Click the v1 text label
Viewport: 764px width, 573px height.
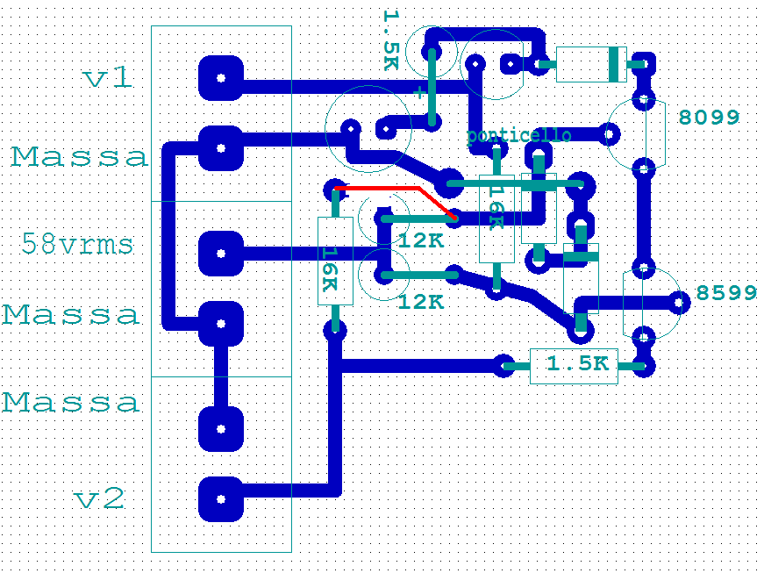[x=108, y=78]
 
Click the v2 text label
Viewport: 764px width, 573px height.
[x=99, y=499]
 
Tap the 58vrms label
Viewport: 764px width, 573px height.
[x=77, y=244]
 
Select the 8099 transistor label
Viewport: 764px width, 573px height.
[x=710, y=117]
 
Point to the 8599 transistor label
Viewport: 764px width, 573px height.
[x=726, y=292]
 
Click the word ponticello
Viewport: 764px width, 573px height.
[x=518, y=135]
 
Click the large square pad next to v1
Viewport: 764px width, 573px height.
[x=220, y=78]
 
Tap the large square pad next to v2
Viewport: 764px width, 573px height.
[x=220, y=499]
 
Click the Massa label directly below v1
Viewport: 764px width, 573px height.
[x=80, y=157]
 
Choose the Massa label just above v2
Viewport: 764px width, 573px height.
[x=70, y=402]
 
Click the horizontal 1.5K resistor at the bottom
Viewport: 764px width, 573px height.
[x=574, y=365]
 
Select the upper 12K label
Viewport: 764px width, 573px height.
[x=421, y=240]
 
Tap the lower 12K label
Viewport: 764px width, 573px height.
[x=421, y=302]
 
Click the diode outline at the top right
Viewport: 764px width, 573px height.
[x=590, y=63]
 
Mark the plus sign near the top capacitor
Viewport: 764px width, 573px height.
[x=420, y=90]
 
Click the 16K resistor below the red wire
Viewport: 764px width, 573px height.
[x=334, y=261]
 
